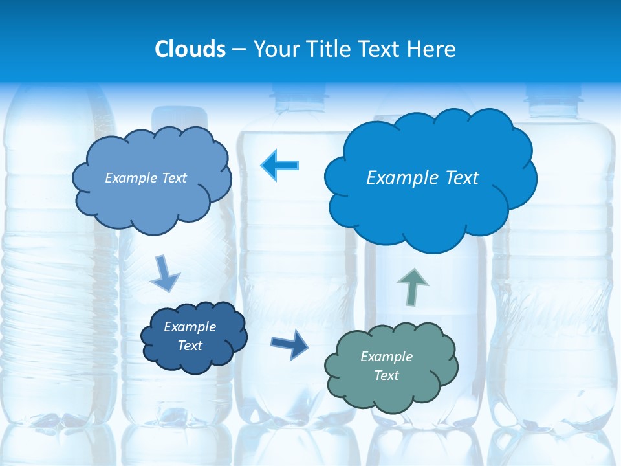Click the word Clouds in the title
pyautogui.click(x=190, y=49)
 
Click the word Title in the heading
pyautogui.click(x=329, y=49)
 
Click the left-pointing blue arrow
pyautogui.click(x=280, y=165)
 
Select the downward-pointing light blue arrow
pyautogui.click(x=164, y=274)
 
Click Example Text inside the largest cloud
pyautogui.click(x=422, y=178)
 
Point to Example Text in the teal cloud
pyautogui.click(x=386, y=366)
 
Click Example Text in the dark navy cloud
pyautogui.click(x=190, y=336)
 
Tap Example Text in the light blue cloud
pyautogui.click(x=146, y=178)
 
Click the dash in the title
pyautogui.click(x=239, y=50)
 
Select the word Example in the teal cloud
pyautogui.click(x=386, y=357)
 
